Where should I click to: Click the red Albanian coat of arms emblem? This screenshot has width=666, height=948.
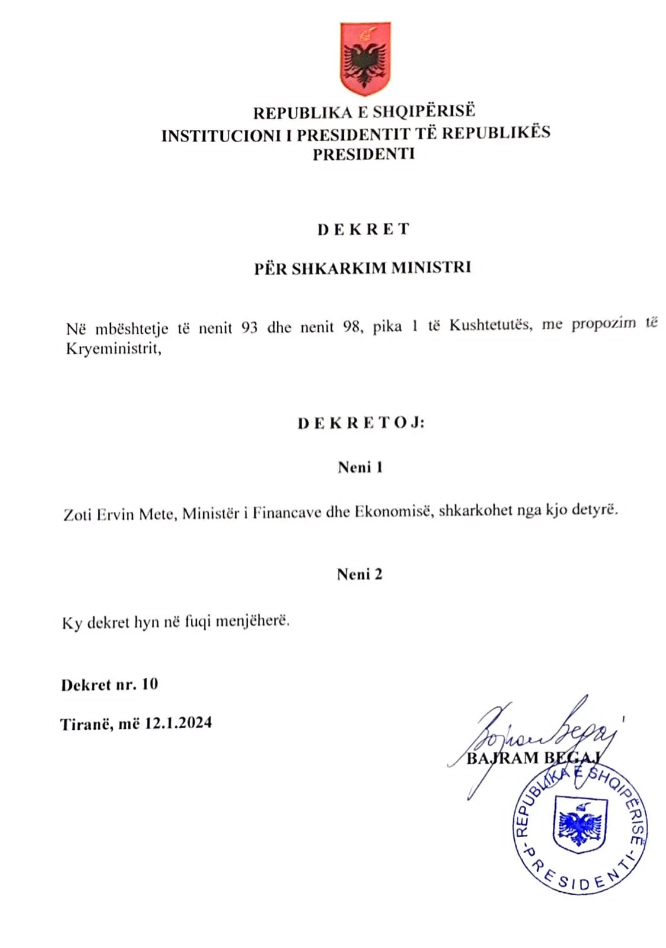[364, 59]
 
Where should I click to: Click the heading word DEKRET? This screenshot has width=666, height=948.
[363, 229]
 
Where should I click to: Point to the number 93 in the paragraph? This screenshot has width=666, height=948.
[249, 327]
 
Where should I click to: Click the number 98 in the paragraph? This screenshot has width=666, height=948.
[351, 326]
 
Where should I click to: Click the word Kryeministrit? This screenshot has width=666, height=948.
[113, 348]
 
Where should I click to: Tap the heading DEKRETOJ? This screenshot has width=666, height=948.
[361, 423]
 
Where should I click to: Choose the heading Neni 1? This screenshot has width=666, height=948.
[360, 467]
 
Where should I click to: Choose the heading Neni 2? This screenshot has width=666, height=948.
[360, 574]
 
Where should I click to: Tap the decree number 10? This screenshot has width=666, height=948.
[150, 684]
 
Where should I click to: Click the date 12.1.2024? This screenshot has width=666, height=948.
[178, 723]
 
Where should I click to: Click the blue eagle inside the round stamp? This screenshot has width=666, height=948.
[580, 824]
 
